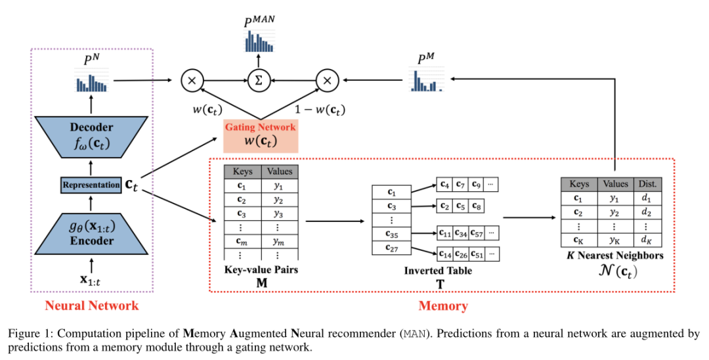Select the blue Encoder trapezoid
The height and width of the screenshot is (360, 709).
click(x=91, y=233)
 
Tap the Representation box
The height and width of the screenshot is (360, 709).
click(x=91, y=185)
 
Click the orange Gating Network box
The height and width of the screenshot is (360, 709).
click(x=261, y=135)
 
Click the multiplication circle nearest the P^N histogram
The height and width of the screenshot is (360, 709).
click(x=192, y=80)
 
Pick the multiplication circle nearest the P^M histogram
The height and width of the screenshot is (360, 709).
click(x=326, y=80)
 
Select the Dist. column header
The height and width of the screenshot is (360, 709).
click(x=646, y=185)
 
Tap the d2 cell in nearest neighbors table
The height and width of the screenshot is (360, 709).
click(x=646, y=212)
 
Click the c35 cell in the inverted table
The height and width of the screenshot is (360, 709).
click(x=392, y=233)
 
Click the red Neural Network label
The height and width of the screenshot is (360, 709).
click(x=91, y=305)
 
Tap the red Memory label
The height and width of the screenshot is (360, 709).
click(x=443, y=305)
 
